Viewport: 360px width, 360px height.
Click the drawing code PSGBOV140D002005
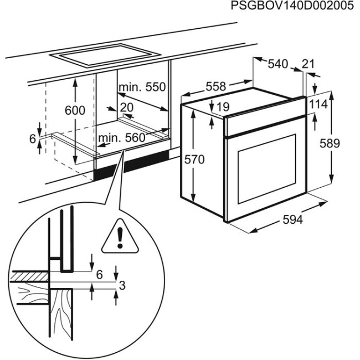pos(290,7)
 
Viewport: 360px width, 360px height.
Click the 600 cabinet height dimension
pos(75,110)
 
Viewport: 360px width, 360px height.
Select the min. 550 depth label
pos(141,87)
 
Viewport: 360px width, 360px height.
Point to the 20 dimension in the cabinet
pos(126,107)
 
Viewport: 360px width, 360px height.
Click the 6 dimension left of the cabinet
pos(32,139)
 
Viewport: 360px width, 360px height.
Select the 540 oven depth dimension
pos(277,64)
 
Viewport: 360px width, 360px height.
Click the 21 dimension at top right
pos(308,64)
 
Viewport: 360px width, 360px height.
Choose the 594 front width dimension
pos(293,220)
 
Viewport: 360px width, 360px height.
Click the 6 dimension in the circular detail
pos(100,274)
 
